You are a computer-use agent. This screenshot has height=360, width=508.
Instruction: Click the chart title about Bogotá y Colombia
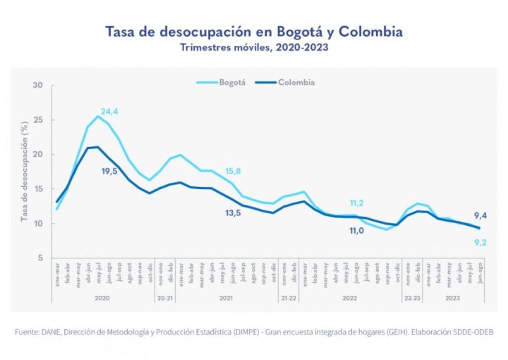254,32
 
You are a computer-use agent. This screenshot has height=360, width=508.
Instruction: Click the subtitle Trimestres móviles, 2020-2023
254,48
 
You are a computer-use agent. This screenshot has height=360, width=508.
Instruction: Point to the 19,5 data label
109,171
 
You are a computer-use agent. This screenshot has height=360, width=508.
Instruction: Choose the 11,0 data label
357,230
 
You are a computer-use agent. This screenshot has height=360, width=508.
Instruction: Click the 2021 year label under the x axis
226,299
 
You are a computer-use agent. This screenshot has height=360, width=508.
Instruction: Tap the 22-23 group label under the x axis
413,299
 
